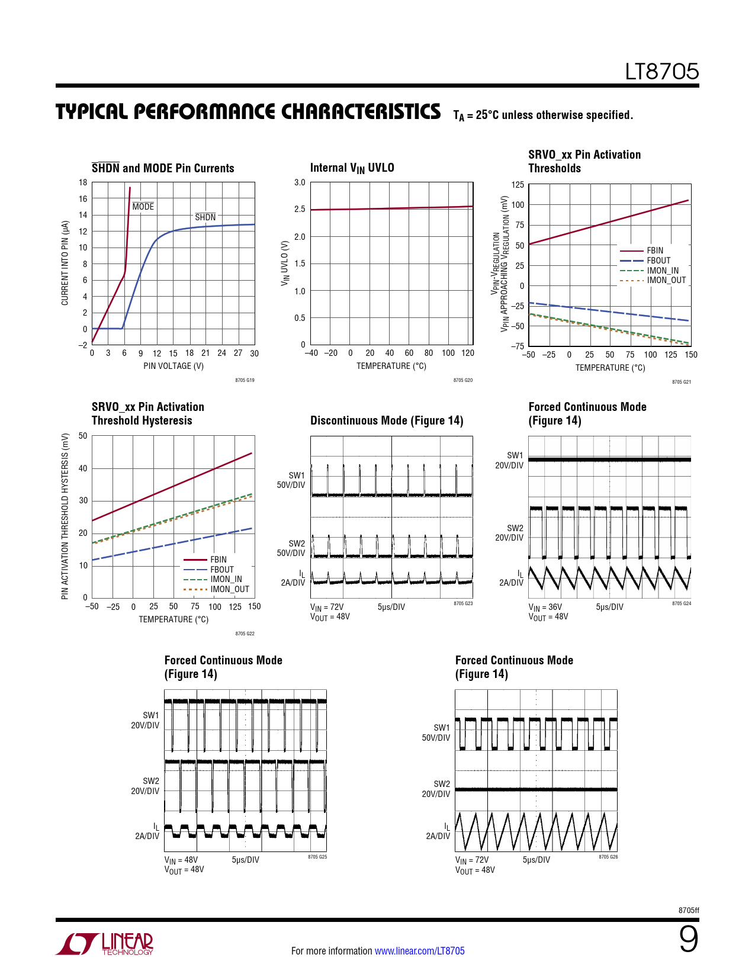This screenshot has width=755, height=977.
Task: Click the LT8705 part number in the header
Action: tap(661, 72)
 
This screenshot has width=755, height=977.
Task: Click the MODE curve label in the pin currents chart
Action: tap(143, 207)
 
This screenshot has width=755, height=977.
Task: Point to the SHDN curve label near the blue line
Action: tap(205, 217)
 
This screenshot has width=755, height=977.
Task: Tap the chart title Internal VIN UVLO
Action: tap(352, 168)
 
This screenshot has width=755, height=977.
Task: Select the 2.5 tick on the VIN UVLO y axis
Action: tap(300, 209)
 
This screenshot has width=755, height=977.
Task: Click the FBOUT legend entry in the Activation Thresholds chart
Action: tap(658, 261)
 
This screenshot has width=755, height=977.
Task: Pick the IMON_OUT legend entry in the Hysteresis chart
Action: tap(229, 589)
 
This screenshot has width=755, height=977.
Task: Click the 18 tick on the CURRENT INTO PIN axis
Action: tap(83, 182)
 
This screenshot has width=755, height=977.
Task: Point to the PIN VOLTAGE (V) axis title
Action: tap(173, 366)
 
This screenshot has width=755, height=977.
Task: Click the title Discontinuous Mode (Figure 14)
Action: tap(387, 420)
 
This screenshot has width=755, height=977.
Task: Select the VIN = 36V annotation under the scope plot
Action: tap(545, 607)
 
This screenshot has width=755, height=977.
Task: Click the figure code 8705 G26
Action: tap(608, 857)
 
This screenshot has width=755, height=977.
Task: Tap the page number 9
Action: tap(688, 940)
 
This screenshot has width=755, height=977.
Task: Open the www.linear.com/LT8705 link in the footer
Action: tap(419, 951)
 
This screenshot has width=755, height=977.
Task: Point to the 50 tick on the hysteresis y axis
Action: tap(83, 436)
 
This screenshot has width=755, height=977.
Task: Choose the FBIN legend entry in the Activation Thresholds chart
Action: tap(654, 250)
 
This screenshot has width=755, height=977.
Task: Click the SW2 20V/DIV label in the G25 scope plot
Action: tap(145, 786)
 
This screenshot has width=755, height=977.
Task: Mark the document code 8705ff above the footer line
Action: tap(688, 910)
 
